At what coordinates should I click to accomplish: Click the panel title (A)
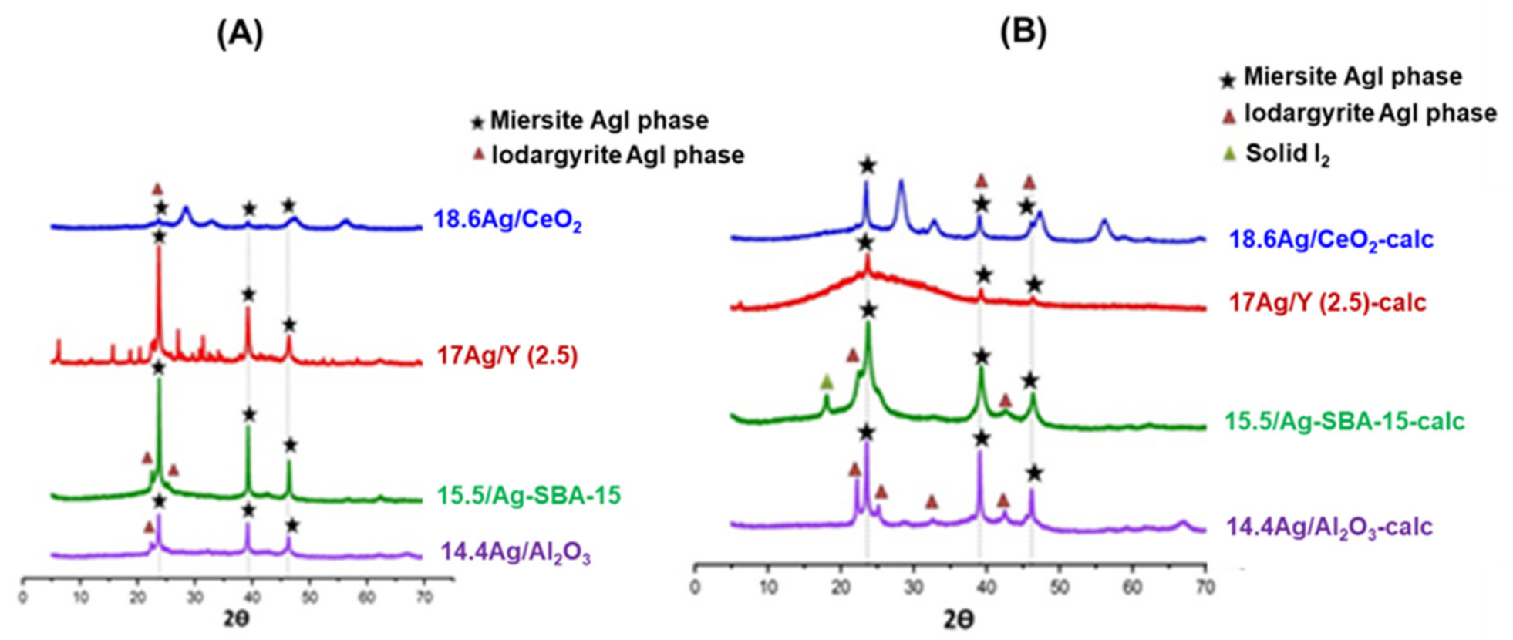pyautogui.click(x=240, y=34)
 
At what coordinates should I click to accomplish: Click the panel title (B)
pyautogui.click(x=1023, y=32)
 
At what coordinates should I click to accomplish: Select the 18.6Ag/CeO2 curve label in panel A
pyautogui.click(x=507, y=221)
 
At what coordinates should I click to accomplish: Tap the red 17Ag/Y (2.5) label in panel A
pyautogui.click(x=507, y=355)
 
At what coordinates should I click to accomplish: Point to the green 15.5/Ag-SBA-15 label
pyautogui.click(x=528, y=495)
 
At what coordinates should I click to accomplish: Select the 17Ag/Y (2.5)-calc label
pyautogui.click(x=1327, y=302)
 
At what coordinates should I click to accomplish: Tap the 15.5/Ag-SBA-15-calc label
pyautogui.click(x=1344, y=421)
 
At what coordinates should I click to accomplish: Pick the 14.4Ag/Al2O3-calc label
pyautogui.click(x=1329, y=527)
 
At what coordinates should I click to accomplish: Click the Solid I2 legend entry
pyautogui.click(x=1287, y=153)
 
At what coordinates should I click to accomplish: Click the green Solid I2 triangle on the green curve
pyautogui.click(x=827, y=381)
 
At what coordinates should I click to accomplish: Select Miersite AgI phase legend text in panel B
pyautogui.click(x=1353, y=76)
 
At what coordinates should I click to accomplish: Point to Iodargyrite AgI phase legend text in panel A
pyautogui.click(x=618, y=155)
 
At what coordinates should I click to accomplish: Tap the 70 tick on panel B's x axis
pyautogui.click(x=1205, y=588)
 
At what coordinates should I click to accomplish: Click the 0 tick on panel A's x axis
pyautogui.click(x=23, y=598)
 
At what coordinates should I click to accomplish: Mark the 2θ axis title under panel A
pyautogui.click(x=237, y=619)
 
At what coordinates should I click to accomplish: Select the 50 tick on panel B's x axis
pyautogui.click(x=1059, y=588)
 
